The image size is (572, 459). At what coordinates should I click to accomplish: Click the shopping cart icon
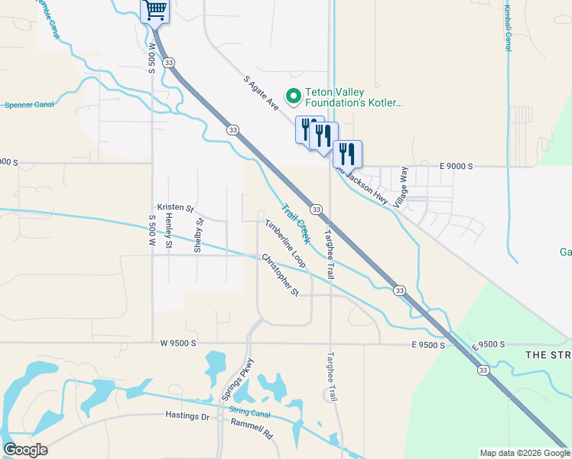[155, 11]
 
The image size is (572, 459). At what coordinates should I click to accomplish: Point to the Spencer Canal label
[29, 105]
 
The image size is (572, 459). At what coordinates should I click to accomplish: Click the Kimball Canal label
[508, 27]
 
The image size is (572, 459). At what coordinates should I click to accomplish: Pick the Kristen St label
[176, 207]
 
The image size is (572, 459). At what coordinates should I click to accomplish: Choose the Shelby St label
[198, 236]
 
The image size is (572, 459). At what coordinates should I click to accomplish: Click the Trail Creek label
[294, 223]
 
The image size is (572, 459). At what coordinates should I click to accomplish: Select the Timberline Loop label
[285, 243]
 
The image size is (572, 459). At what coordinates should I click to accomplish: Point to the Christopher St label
[280, 275]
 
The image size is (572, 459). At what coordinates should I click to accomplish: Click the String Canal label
[250, 412]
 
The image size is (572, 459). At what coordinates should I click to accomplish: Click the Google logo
[25, 449]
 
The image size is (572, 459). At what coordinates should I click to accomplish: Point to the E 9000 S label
[457, 166]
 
